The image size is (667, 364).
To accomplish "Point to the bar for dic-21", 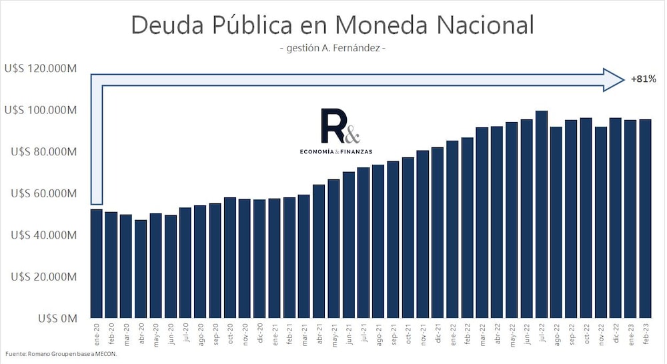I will pyautogui.click(x=438, y=233).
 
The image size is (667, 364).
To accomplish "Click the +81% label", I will pyautogui.click(x=644, y=79).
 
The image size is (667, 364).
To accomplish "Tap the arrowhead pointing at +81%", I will pyautogui.click(x=612, y=79).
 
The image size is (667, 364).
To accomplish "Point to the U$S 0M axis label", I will pyautogui.click(x=58, y=319).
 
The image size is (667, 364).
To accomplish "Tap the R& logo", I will pyautogui.click(x=340, y=126).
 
